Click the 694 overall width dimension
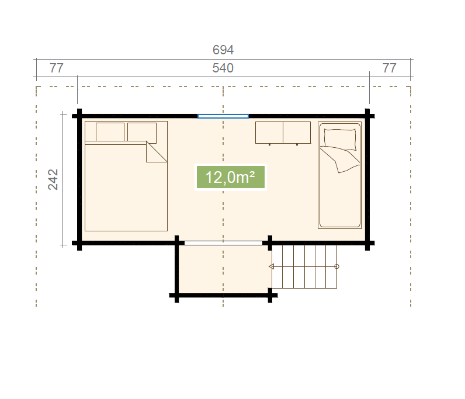223,50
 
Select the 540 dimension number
223,68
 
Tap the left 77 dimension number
56,68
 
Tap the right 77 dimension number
390,68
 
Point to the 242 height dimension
53,179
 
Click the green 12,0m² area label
230,178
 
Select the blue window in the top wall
223,116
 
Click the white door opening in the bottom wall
223,243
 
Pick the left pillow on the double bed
110,132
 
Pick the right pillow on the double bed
142,132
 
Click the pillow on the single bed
340,139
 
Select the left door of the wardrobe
269,133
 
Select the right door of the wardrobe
297,133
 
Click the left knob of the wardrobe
269,144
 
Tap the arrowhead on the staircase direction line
272,266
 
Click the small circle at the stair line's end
336,266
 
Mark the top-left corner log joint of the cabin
79,116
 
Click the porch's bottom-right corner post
270,295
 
